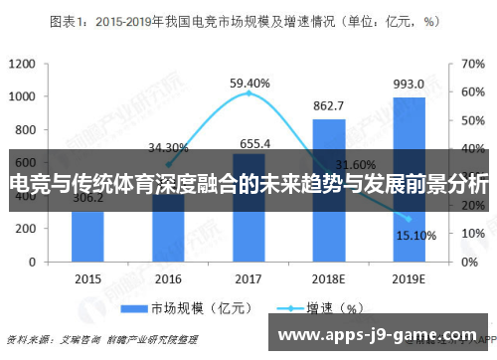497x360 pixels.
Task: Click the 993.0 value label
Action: (408, 85)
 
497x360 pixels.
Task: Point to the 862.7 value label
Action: (328, 106)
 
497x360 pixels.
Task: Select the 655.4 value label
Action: (248, 143)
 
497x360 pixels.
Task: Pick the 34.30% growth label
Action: (168, 147)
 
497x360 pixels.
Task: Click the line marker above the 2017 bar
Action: (248, 92)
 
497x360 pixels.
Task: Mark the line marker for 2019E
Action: (409, 219)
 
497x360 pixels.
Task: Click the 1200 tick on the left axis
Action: (21, 64)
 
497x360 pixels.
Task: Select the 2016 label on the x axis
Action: (168, 279)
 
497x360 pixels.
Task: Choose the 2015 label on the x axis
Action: (87, 279)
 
